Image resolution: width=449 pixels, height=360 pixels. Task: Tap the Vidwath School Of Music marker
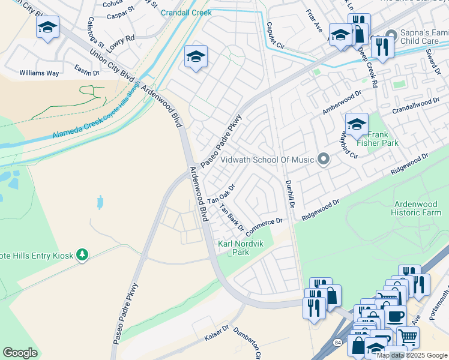tap(324, 160)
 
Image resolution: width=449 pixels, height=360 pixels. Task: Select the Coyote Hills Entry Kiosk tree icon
tap(83, 256)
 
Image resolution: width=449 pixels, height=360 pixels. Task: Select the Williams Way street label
tap(39, 73)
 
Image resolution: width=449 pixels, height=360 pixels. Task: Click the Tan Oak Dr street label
tap(220, 193)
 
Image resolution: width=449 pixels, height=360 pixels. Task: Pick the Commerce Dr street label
tap(264, 225)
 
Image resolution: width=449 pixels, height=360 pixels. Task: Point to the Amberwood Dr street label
tap(343, 103)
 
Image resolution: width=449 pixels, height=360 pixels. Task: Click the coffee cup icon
tap(395, 316)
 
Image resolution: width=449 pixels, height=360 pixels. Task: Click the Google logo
tap(20, 353)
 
